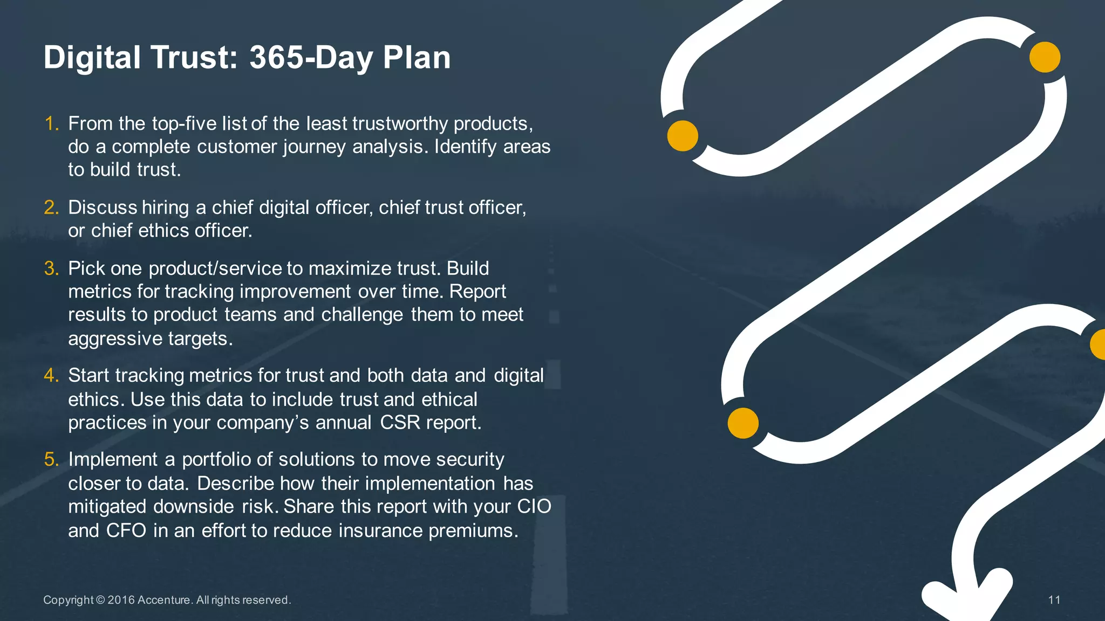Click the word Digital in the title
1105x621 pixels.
click(x=92, y=58)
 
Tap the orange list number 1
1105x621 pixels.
click(x=51, y=124)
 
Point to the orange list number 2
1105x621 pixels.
click(x=51, y=208)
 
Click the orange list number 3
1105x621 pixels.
click(x=51, y=268)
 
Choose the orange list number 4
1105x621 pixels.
click(x=51, y=375)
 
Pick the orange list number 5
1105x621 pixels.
click(x=51, y=459)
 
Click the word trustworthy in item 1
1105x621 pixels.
click(x=400, y=124)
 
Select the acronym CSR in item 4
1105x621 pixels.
click(x=400, y=423)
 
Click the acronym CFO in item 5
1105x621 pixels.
click(x=126, y=531)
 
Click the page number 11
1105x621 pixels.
click(x=1054, y=600)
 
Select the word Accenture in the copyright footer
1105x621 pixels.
click(x=163, y=600)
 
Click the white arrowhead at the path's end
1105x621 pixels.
click(x=966, y=598)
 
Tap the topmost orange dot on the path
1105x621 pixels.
click(x=1045, y=57)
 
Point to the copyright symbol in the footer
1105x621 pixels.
click(x=100, y=600)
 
